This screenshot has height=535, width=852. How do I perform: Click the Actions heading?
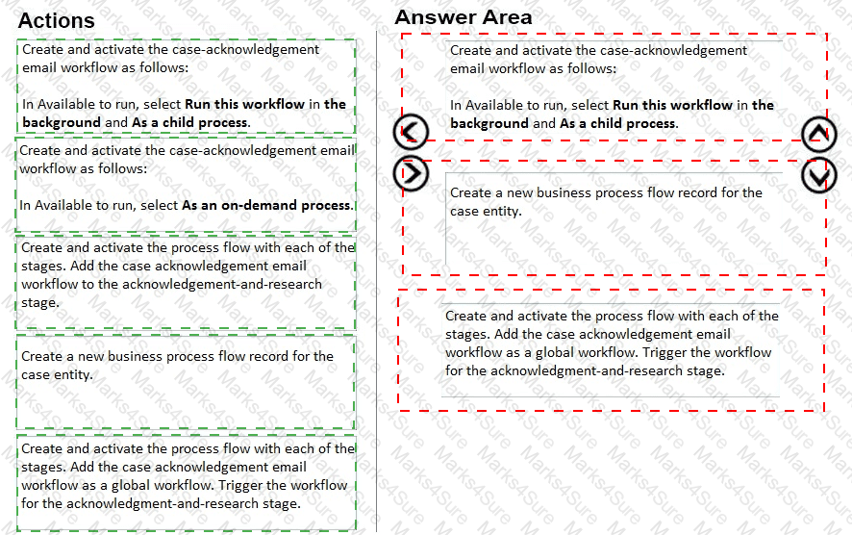pyautogui.click(x=57, y=20)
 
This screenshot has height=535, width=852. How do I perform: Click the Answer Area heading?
pyautogui.click(x=463, y=17)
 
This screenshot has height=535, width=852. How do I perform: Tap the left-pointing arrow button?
pyautogui.click(x=411, y=133)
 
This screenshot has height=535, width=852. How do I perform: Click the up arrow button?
pyautogui.click(x=818, y=135)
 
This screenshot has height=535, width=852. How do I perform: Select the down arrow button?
pyautogui.click(x=818, y=175)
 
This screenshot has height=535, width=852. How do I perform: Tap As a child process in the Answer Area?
pyautogui.click(x=618, y=123)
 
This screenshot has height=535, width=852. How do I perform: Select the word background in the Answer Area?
pyautogui.click(x=489, y=123)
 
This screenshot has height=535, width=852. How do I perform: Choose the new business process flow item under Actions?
pyautogui.click(x=177, y=365)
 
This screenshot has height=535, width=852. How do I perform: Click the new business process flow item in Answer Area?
pyautogui.click(x=606, y=201)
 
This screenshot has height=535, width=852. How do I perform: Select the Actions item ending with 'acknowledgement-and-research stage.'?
pyautogui.click(x=186, y=274)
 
